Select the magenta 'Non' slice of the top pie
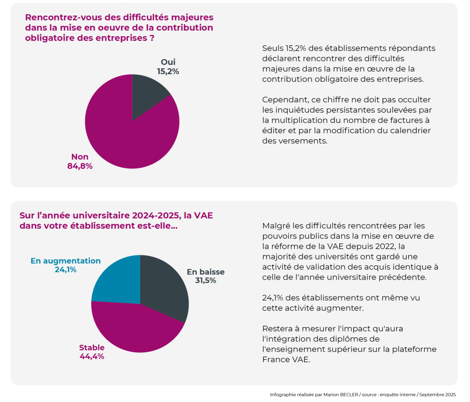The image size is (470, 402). point(124,138)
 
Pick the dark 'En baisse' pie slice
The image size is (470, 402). point(165,289)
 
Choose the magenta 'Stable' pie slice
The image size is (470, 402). point(133,328)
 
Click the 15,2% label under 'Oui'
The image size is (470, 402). point(168,72)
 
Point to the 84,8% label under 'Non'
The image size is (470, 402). point(80,166)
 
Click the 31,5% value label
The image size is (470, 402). point(206,281)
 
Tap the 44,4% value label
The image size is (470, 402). point(92,356)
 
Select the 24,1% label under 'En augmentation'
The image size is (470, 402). point(66,270)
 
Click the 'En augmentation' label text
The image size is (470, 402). point(66,261)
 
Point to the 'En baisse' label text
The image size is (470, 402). point(206,272)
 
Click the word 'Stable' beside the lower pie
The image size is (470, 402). point(92,347)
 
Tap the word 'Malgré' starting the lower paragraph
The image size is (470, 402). point(275,226)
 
